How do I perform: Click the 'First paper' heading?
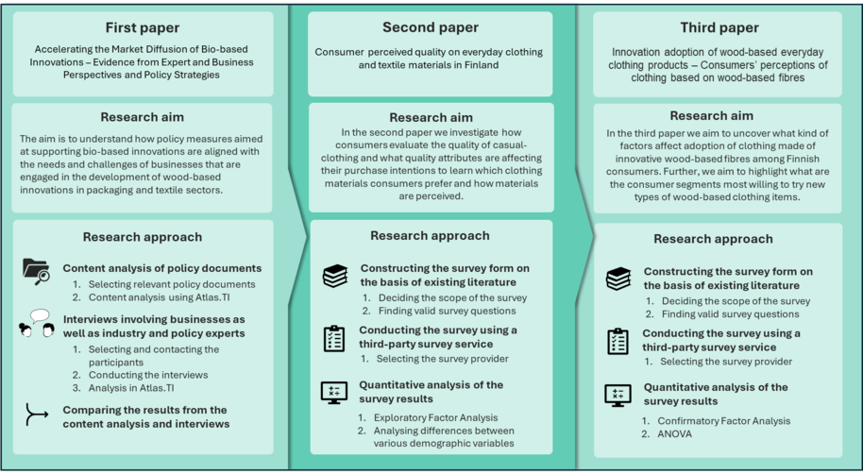coord(143,27)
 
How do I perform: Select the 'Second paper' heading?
coord(431,27)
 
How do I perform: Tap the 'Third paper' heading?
coord(719,27)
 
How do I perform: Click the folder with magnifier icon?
coord(36,271)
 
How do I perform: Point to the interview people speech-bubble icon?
coord(36,323)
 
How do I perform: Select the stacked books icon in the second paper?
coord(335,276)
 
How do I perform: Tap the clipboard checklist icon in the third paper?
coord(618,341)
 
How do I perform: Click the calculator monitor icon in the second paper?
coord(334,393)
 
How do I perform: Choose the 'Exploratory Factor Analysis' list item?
coord(435,418)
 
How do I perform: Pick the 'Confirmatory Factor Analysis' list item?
coord(724,421)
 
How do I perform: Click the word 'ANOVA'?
coord(675,433)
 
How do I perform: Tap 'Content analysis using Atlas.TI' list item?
coord(159,297)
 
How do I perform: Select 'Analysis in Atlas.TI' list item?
coord(131,387)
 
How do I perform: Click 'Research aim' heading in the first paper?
coord(142,117)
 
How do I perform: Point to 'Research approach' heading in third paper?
coord(713,239)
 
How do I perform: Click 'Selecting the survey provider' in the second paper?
coord(443,359)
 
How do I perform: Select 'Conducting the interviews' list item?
coord(148,375)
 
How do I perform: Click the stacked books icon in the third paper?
coord(618,279)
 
